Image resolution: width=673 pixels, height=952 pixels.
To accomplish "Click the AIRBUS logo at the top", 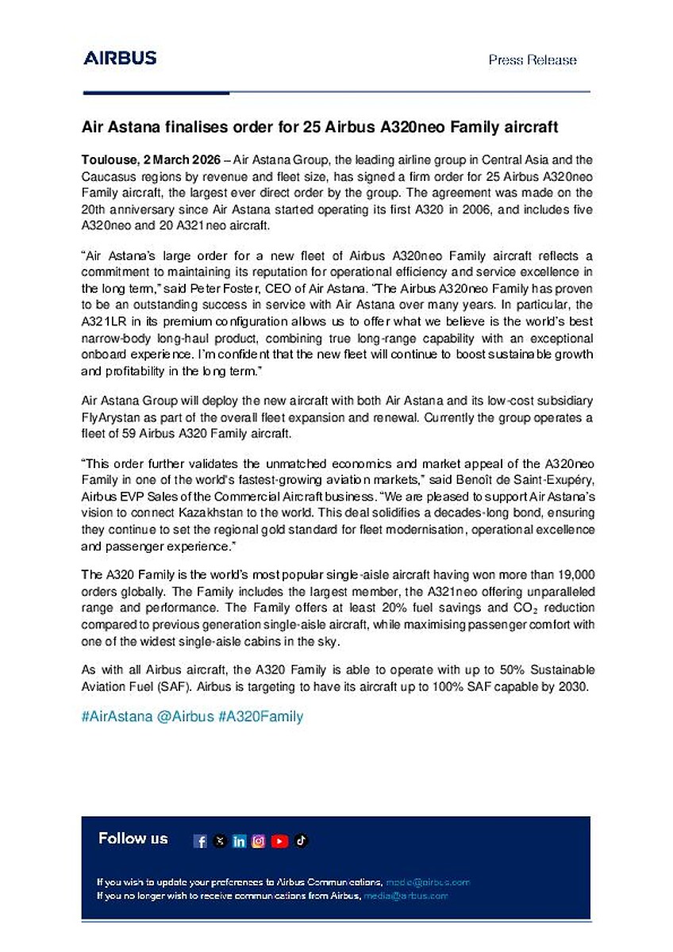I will (x=120, y=58).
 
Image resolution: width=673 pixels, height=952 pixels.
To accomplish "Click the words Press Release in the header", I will (x=533, y=60).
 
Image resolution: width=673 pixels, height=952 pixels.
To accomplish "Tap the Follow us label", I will (x=133, y=839).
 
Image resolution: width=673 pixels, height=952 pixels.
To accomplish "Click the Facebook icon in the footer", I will (x=201, y=842).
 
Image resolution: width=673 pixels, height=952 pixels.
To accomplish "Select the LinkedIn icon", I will (x=240, y=842).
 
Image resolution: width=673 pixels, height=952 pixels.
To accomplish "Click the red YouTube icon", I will (x=279, y=842).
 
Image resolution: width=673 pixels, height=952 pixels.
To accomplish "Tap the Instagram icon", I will (x=259, y=842).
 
